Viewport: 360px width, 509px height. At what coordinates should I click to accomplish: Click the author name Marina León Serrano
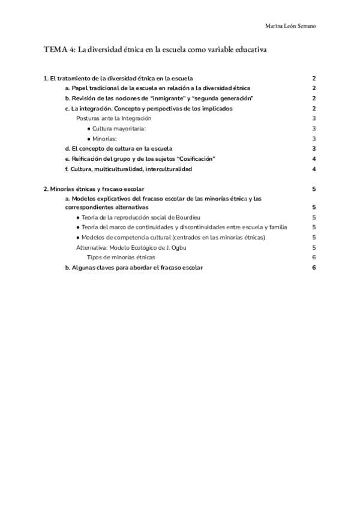[x=292, y=26]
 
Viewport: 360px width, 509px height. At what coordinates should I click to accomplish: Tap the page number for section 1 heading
[x=314, y=79]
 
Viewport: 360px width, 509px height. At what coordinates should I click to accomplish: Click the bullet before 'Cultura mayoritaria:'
[x=89, y=128]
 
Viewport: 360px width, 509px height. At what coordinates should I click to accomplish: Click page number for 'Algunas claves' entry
[x=314, y=268]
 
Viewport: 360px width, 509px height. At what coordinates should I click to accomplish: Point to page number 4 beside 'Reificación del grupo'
[x=314, y=158]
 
